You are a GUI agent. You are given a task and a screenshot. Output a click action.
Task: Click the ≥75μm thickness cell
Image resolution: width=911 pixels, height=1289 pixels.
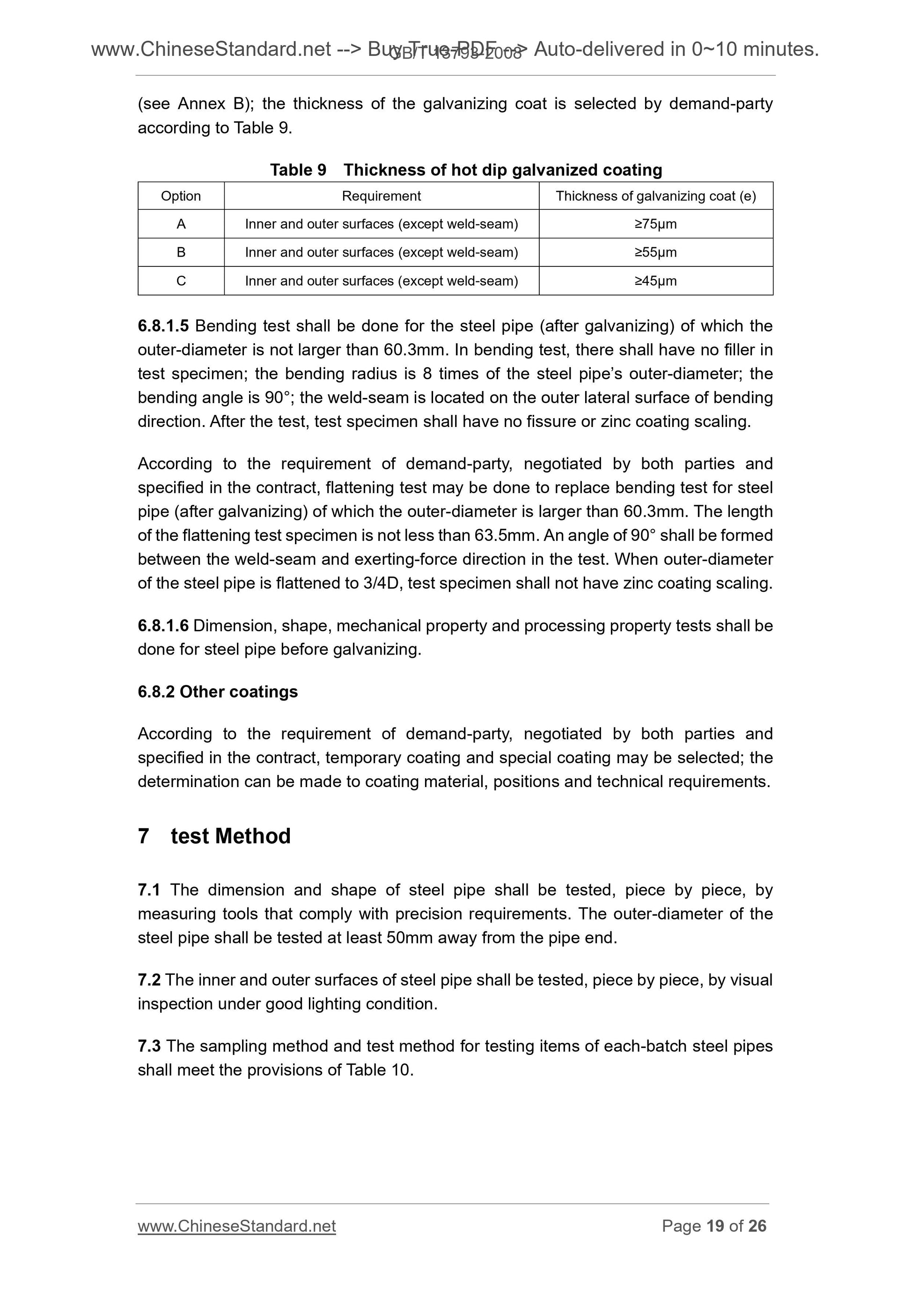tap(655, 224)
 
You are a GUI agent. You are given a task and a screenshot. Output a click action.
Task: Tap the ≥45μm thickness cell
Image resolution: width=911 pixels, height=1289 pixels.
tap(655, 281)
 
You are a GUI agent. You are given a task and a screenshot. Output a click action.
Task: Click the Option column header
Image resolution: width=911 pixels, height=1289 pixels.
tap(181, 196)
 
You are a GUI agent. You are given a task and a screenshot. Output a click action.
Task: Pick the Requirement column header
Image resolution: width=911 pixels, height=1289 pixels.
tap(381, 196)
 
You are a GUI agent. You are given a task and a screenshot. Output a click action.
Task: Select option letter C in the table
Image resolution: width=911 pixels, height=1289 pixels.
tap(181, 281)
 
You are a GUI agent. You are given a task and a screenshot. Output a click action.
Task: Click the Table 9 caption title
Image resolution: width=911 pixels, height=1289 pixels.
tap(466, 169)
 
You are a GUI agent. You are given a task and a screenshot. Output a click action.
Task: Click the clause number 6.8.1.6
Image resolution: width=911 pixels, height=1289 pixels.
tap(163, 626)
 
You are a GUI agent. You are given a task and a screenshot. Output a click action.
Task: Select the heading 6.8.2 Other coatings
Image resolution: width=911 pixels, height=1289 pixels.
tap(217, 691)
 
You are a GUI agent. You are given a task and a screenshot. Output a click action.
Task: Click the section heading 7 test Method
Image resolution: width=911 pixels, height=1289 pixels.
tap(214, 836)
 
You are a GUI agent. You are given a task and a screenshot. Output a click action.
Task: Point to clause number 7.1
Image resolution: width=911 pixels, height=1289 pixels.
tap(149, 890)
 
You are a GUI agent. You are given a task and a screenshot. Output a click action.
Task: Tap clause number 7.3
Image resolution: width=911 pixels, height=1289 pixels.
tap(149, 1046)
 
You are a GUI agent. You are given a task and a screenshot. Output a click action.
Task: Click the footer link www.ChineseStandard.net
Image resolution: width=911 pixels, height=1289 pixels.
tap(236, 1226)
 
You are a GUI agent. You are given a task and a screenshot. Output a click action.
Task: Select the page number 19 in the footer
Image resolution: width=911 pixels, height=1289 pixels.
tap(715, 1226)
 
